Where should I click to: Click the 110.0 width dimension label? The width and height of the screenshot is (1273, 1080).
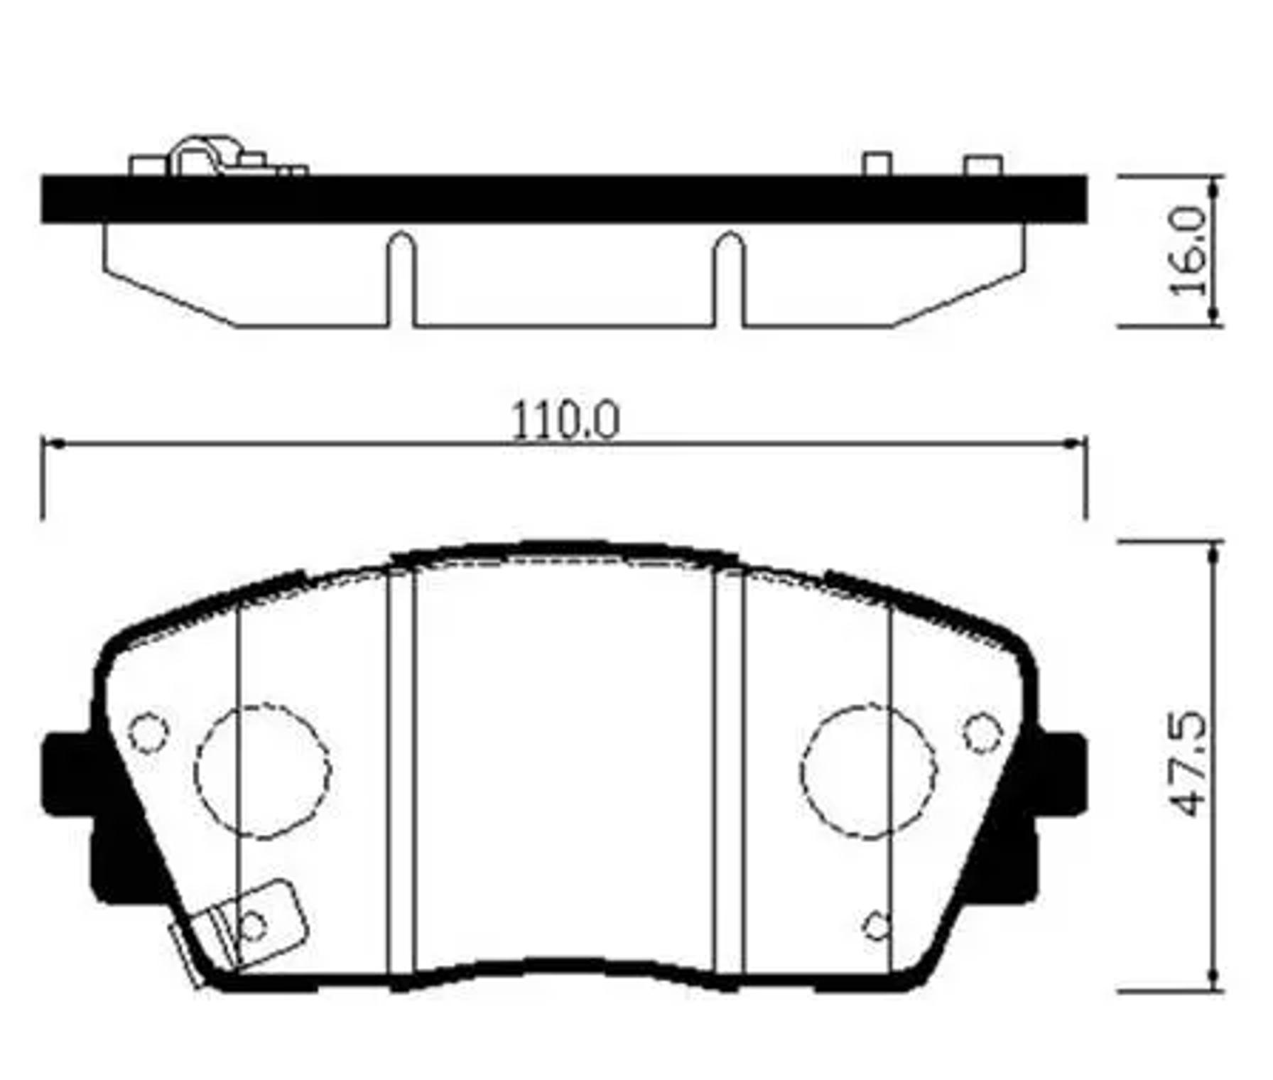point(565,421)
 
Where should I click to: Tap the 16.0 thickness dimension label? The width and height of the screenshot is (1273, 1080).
point(1189,251)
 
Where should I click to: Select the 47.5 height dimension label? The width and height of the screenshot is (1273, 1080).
point(1189,764)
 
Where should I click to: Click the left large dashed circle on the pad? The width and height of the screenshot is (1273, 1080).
point(263,771)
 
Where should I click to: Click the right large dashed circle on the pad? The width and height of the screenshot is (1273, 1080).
point(868,771)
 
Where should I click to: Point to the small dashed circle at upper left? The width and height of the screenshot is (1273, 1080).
point(148,733)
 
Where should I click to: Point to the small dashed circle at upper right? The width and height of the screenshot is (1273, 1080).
point(983,733)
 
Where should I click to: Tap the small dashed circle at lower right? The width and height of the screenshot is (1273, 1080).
point(877,926)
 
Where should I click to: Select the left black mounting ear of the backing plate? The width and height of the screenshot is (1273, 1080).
point(67,774)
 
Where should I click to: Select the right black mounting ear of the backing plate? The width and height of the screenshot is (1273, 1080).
point(1061,774)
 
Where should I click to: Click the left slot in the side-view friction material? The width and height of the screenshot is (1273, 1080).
point(401,281)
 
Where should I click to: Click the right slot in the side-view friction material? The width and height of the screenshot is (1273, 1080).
point(729,281)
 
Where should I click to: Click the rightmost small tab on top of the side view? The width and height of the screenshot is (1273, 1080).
point(983,165)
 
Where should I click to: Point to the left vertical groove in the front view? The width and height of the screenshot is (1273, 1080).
point(401,771)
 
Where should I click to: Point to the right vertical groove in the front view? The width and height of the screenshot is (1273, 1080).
point(729,771)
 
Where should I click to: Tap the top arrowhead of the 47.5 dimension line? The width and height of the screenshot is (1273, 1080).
point(1214,550)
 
